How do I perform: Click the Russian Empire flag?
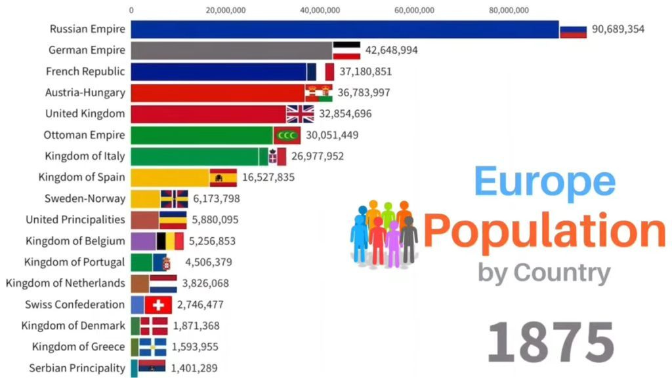pyautogui.click(x=572, y=29)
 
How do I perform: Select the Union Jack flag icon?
pyautogui.click(x=300, y=114)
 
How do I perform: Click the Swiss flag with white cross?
pyautogui.click(x=157, y=305)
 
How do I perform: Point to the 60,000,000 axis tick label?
pyautogui.click(x=414, y=10)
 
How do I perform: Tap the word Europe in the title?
pyautogui.click(x=545, y=181)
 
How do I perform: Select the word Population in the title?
pyautogui.click(x=544, y=230)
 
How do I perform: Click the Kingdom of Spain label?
pyautogui.click(x=81, y=177)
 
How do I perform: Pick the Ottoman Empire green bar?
pyautogui.click(x=201, y=135)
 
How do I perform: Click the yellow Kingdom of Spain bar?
pyautogui.click(x=170, y=177)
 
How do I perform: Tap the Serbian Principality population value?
pyautogui.click(x=194, y=368)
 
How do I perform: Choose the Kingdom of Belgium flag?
pyautogui.click(x=170, y=241)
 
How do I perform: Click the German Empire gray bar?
pyautogui.click(x=232, y=50)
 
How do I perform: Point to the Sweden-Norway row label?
pyautogui.click(x=84, y=198)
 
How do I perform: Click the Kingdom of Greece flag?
pyautogui.click(x=152, y=347)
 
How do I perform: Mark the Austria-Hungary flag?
pyautogui.click(x=319, y=93)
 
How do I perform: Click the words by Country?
pyautogui.click(x=543, y=272)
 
